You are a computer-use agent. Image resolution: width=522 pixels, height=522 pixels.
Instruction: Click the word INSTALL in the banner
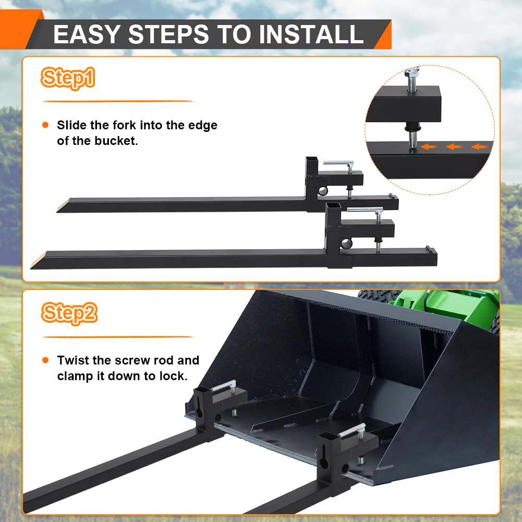click(311, 34)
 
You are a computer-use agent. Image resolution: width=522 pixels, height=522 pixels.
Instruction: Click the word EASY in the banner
click(87, 34)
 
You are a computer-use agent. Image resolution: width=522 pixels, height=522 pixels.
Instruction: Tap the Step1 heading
click(68, 78)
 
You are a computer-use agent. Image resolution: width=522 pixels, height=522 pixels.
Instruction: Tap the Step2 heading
click(69, 313)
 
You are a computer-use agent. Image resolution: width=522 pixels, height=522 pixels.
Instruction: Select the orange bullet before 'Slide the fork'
click(45, 125)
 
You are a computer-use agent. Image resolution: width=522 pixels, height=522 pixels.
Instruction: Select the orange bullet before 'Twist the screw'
click(45, 360)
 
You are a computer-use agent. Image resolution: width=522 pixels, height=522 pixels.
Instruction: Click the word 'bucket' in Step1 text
click(116, 141)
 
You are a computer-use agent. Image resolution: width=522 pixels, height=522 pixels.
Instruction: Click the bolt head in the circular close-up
click(412, 71)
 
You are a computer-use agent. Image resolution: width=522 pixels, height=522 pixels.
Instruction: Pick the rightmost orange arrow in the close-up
click(480, 147)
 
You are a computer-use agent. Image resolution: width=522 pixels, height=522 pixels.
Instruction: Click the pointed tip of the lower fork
click(31, 268)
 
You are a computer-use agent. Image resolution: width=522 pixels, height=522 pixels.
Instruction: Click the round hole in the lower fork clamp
click(346, 244)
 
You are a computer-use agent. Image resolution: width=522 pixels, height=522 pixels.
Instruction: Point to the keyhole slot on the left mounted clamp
click(199, 409)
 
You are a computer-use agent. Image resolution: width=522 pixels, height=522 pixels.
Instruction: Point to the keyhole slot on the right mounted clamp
click(323, 458)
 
